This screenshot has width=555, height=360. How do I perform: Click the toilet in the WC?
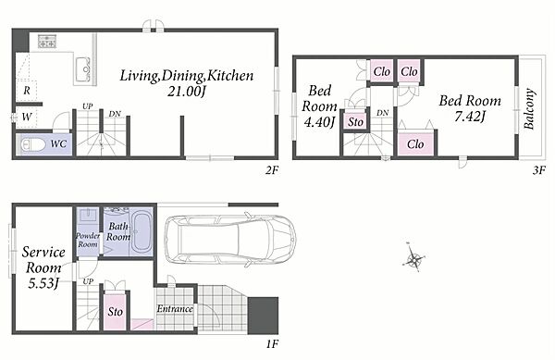33,144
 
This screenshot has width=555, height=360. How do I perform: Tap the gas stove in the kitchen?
47,41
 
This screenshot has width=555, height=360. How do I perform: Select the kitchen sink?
83,69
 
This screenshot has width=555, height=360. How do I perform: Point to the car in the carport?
230,240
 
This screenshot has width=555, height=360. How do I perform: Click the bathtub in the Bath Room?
142,231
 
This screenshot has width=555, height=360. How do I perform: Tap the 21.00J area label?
186,92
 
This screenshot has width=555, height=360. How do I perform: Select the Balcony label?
529,108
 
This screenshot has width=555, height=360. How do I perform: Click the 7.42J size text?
470,116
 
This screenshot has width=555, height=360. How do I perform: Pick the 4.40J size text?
319,122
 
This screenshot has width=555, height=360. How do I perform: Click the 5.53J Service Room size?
43,283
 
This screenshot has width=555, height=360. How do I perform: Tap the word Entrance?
175,309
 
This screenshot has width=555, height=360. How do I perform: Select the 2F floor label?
272,170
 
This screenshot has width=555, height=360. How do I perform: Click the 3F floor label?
539,170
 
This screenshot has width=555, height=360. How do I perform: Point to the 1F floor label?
272,343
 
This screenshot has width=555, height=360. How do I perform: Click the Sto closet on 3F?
355,122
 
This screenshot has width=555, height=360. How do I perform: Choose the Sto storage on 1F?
115,310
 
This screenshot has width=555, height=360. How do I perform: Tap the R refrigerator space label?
27,91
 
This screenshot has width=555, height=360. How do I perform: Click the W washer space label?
27,117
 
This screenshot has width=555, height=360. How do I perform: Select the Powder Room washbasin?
87,216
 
